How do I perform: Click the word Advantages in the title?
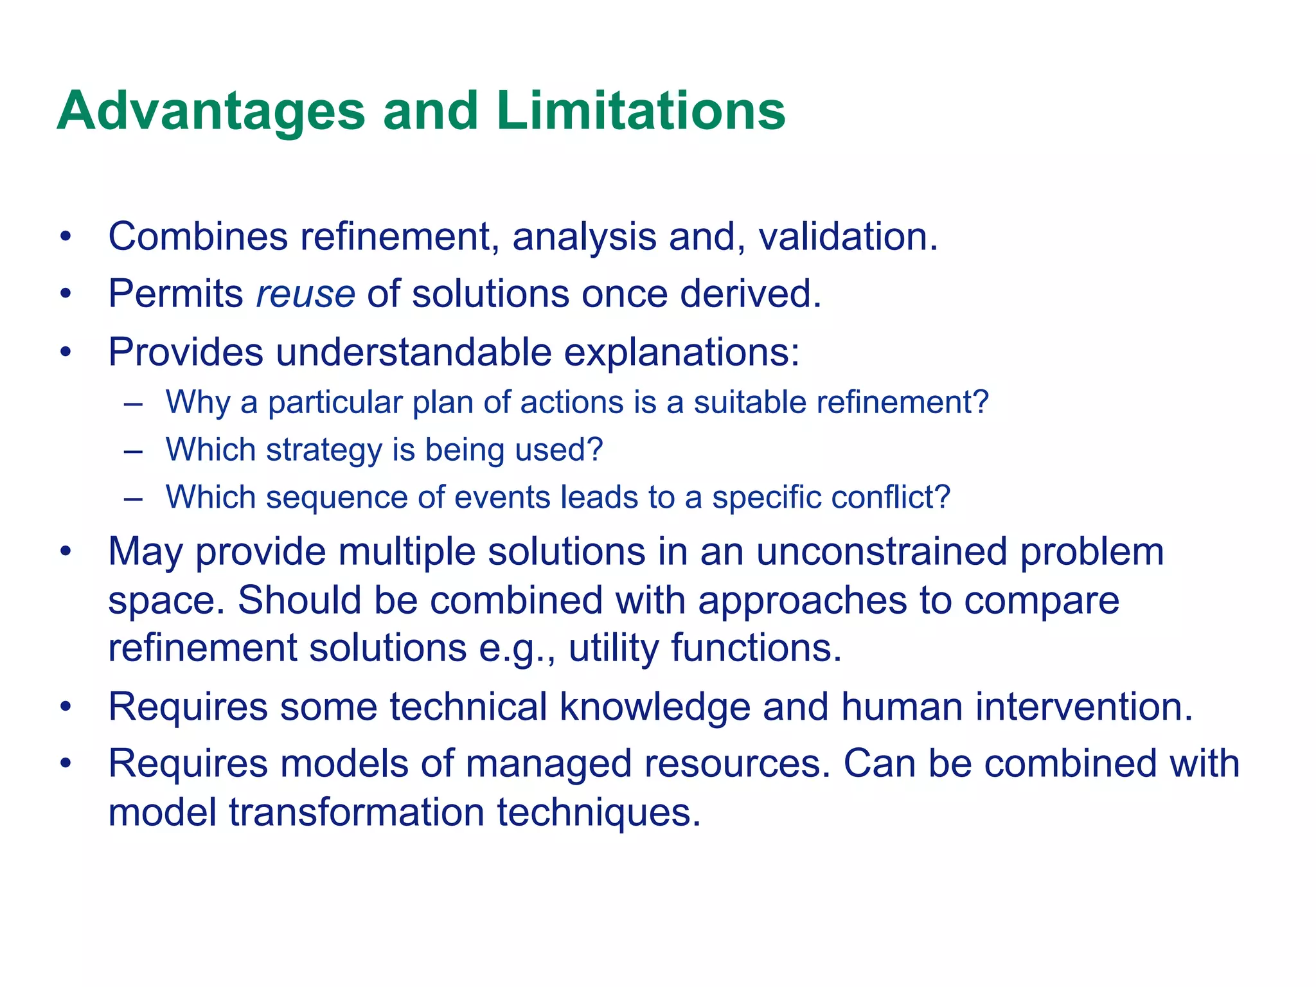point(211,111)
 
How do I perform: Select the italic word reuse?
point(305,294)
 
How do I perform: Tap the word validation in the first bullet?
point(848,236)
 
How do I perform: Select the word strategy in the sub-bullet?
point(325,450)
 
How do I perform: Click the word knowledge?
point(655,707)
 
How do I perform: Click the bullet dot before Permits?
point(65,295)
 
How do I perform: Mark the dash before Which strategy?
point(133,451)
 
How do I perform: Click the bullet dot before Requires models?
point(65,764)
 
